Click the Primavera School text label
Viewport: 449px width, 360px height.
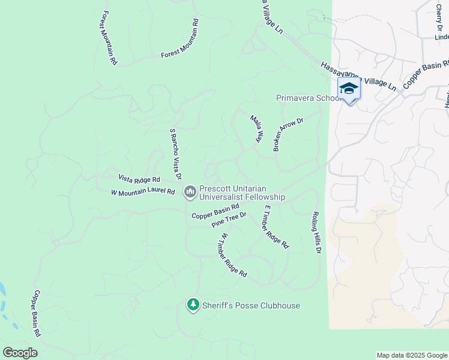[x=305, y=98]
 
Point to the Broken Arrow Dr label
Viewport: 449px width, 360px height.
[x=289, y=134]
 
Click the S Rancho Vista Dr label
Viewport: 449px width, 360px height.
[x=175, y=154]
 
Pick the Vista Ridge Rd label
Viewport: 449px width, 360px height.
[x=139, y=179]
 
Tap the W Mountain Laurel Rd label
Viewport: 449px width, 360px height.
[x=143, y=193]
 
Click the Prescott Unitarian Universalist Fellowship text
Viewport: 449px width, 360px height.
[x=242, y=192]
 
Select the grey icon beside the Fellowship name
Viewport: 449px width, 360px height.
[x=190, y=192]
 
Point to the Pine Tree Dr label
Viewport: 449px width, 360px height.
[x=229, y=220]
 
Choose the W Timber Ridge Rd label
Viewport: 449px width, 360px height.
[x=234, y=255]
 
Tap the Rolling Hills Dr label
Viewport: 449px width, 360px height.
[x=316, y=232]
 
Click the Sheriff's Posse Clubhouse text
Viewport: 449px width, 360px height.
[x=252, y=305]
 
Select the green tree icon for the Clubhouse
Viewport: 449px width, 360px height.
[x=193, y=305]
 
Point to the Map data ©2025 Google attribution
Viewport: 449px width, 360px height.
[x=411, y=355]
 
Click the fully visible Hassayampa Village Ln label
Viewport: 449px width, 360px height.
[x=358, y=76]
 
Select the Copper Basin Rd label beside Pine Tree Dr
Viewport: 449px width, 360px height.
[x=215, y=211]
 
